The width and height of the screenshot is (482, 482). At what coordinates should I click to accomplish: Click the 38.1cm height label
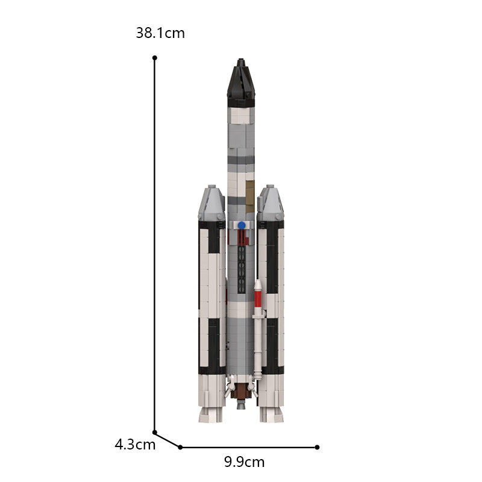coord(160,33)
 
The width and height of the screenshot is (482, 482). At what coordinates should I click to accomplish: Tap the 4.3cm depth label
coord(135,445)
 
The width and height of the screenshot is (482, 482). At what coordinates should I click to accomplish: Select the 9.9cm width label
coord(244,462)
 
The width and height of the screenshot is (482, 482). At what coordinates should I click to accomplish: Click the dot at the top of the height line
coord(155,58)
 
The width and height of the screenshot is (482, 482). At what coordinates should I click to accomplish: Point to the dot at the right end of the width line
coord(318,447)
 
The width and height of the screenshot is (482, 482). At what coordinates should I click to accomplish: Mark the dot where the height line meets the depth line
coord(155,432)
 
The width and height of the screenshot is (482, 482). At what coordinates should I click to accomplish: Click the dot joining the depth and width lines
coord(180,447)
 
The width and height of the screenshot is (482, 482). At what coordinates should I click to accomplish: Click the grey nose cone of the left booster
coord(212,204)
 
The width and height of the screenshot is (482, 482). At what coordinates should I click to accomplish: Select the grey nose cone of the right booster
coord(270,204)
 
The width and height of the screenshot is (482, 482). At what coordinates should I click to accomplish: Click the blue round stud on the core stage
coord(241,225)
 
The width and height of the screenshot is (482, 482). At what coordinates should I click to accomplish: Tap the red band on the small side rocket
coord(258,298)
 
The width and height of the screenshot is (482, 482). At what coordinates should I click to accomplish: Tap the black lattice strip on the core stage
coord(241,259)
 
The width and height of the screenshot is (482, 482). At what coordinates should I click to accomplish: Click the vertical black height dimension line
coord(155,241)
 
